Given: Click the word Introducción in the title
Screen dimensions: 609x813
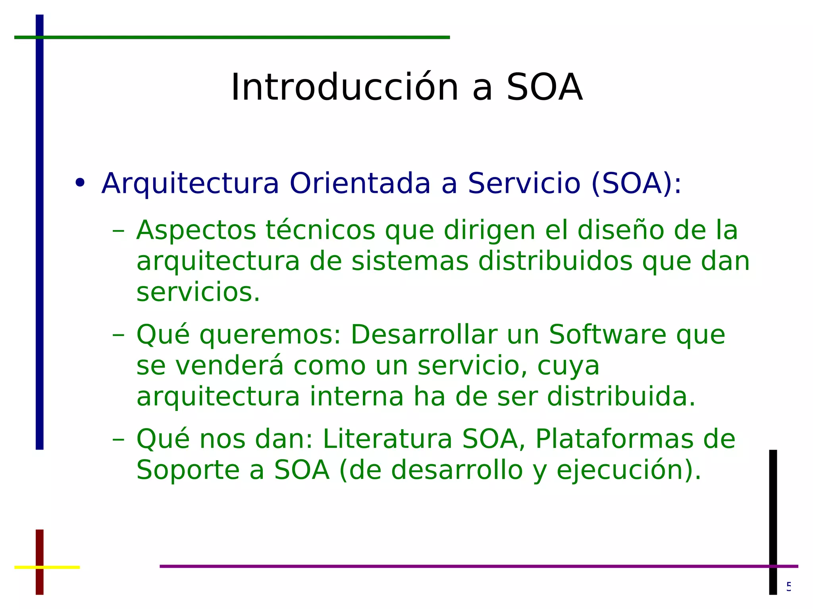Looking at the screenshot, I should pos(345,87).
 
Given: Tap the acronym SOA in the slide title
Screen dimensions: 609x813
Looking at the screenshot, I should pos(544,87).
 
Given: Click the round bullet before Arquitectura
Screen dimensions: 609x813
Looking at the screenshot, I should pos(80,183).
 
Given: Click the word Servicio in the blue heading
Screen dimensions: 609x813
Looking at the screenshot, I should pos(524,183).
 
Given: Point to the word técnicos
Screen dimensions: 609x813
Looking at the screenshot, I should pos(320,230).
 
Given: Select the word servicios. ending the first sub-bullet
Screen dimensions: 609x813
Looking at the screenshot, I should pos(198,292).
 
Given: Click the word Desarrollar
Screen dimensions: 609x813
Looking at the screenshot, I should pos(424,334).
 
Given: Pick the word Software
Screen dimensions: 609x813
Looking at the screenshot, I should pos(607,334).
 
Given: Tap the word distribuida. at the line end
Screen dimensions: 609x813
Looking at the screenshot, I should pos(621,396).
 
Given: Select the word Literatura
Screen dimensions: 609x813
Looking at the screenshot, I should pos(387,439).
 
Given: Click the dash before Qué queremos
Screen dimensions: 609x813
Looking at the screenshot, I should pos(118,334).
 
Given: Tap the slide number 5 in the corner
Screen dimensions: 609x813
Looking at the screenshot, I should pos(788,586).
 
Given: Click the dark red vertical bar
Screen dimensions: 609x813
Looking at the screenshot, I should pos(40,548).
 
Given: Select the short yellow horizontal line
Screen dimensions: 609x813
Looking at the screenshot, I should pos(60,567).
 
